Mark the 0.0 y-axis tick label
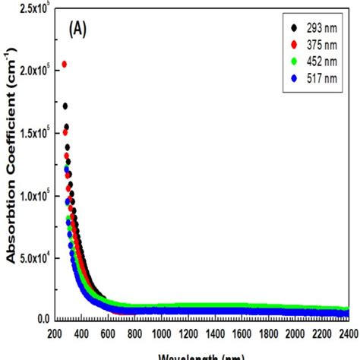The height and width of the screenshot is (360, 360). pyautogui.click(x=39, y=320)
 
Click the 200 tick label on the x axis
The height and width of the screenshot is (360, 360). pyautogui.click(x=53, y=333)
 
